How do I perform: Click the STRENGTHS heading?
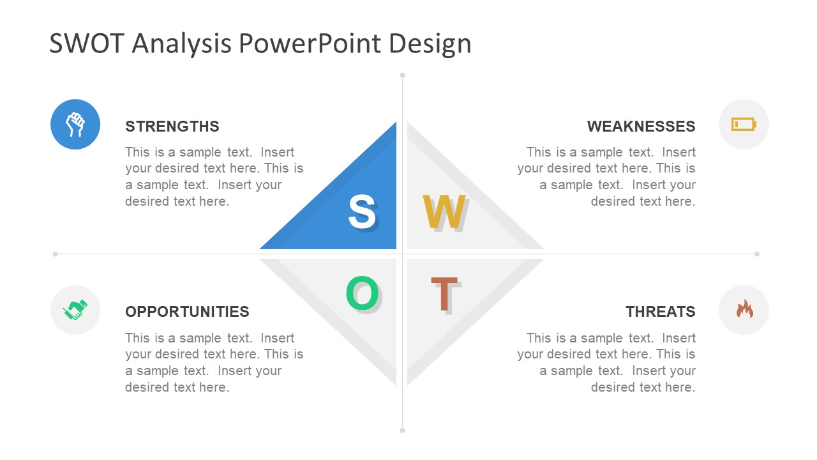pyautogui.click(x=172, y=126)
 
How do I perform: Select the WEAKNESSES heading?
pyautogui.click(x=641, y=126)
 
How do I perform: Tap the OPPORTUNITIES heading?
pyautogui.click(x=187, y=312)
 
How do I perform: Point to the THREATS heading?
pyautogui.click(x=661, y=312)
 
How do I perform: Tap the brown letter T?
pyautogui.click(x=444, y=294)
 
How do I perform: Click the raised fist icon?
pyautogui.click(x=75, y=124)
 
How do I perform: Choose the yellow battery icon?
pyautogui.click(x=744, y=124)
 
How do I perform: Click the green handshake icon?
pyautogui.click(x=75, y=310)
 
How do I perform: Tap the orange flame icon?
pyautogui.click(x=744, y=309)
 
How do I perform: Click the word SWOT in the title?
pyautogui.click(x=87, y=43)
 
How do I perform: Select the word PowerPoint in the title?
pyautogui.click(x=310, y=43)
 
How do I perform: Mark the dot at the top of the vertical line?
pyautogui.click(x=402, y=75)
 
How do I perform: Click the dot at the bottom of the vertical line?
pyautogui.click(x=402, y=431)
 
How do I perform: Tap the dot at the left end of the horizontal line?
pyautogui.click(x=55, y=254)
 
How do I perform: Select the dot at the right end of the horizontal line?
pyautogui.click(x=757, y=254)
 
